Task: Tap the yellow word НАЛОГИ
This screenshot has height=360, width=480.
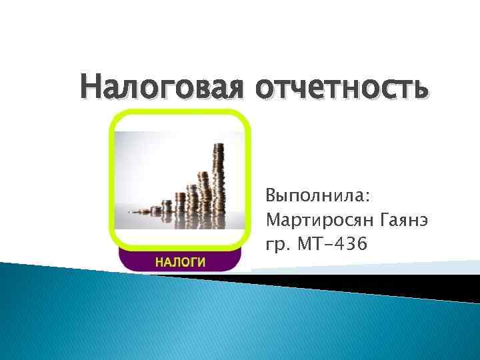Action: pos(179,261)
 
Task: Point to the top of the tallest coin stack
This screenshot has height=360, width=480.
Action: pos(218,145)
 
